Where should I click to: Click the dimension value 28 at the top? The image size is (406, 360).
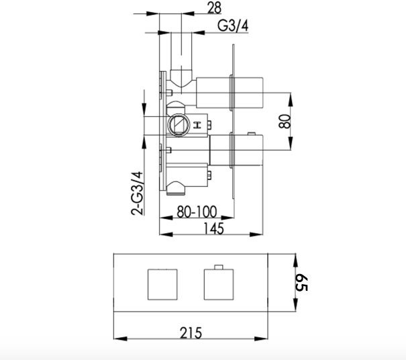[x=214, y=7]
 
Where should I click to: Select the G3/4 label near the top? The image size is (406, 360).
[x=233, y=26]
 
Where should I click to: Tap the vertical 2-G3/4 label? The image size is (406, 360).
[x=137, y=193]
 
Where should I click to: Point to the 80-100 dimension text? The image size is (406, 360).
[x=197, y=212]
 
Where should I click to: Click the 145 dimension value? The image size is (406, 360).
[x=213, y=229]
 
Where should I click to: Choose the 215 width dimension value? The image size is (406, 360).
[x=191, y=333]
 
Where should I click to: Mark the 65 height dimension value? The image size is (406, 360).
[x=301, y=283]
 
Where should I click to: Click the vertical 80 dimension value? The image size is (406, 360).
[x=285, y=122]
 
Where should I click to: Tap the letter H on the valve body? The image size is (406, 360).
[x=197, y=125]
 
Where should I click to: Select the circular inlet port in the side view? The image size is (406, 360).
[x=177, y=124]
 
